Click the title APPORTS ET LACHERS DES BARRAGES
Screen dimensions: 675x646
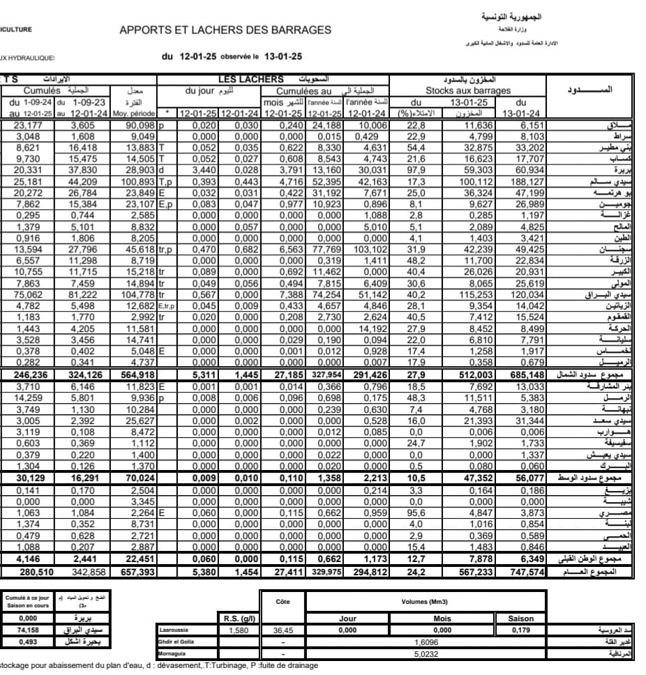point(225,30)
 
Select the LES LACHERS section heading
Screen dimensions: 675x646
point(250,79)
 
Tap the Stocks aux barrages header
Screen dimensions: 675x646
point(468,91)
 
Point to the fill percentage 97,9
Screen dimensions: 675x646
point(416,170)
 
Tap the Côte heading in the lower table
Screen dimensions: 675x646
point(283,602)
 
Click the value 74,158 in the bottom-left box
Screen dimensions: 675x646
point(28,630)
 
